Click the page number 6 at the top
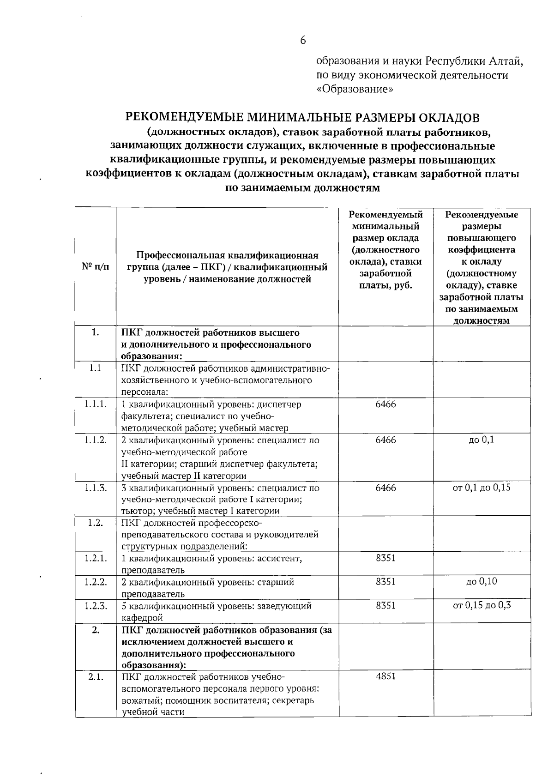[x=303, y=41]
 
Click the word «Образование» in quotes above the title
[x=355, y=89]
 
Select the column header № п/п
[x=96, y=267]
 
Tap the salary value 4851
[x=385, y=676]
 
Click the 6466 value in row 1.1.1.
[x=385, y=404]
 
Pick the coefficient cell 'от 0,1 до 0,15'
[x=482, y=488]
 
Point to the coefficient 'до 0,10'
[x=482, y=582]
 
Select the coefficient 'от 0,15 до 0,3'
[x=482, y=605]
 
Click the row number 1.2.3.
[x=96, y=606]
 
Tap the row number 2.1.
[x=96, y=677]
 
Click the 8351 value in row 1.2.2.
[x=385, y=582]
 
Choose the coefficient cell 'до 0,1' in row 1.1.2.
[x=482, y=440]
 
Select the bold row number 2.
[x=96, y=630]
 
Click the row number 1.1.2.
[x=96, y=440]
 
